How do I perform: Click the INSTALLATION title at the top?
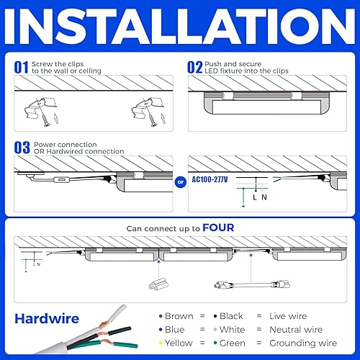coord(180,27)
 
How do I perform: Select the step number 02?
coord(195,67)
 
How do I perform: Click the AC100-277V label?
coord(212,179)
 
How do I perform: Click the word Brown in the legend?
coord(179,316)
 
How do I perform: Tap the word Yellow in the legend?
coord(179,343)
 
